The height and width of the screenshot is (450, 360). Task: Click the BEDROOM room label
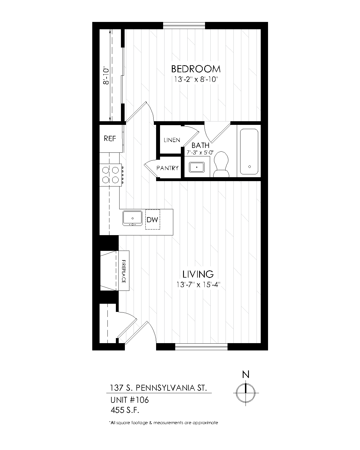point(196,69)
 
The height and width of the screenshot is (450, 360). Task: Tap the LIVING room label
point(198,274)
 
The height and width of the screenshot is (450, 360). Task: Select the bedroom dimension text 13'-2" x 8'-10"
point(196,80)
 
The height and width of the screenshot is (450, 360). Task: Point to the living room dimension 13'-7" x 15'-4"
point(198,285)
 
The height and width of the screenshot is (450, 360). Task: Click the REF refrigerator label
point(110,138)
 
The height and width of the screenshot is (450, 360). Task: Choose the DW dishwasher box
point(153,219)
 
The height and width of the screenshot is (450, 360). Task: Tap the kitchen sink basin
point(132,218)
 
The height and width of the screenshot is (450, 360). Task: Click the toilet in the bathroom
point(221,164)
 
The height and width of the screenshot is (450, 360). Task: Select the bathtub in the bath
point(249,151)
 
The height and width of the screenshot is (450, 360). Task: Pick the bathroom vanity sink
point(197,167)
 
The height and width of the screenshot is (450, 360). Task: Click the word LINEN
point(172,140)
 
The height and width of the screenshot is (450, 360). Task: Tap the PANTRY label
point(167,168)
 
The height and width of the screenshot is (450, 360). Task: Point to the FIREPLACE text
point(124,271)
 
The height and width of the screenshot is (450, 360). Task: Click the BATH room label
point(201,145)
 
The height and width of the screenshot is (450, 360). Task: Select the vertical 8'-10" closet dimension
point(106,76)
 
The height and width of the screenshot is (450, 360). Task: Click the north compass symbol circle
point(246,393)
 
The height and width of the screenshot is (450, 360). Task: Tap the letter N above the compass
point(246,374)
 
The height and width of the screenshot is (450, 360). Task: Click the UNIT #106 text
point(129,400)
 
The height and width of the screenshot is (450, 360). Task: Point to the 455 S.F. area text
point(125,410)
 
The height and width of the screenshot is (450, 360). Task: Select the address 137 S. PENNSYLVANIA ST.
point(158,388)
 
